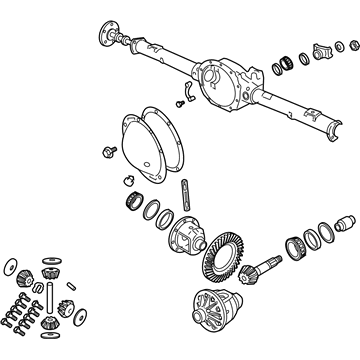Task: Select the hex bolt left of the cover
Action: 105,151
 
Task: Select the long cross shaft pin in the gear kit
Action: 47,299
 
